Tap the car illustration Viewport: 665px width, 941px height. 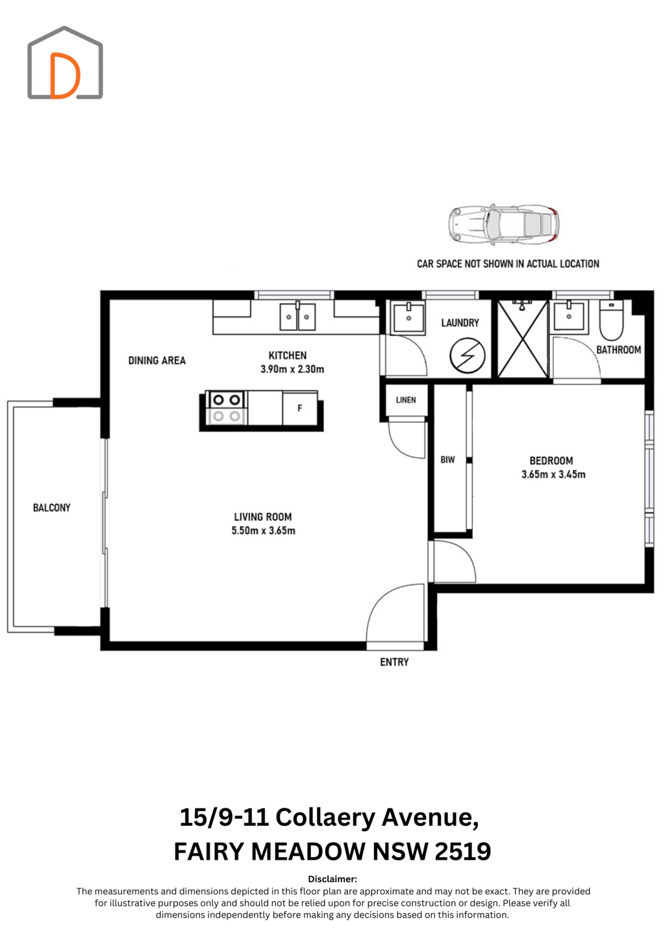tap(503, 224)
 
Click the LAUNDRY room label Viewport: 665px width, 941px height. tap(460, 322)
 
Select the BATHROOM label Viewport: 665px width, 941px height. tap(618, 350)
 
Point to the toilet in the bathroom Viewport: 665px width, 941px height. tap(611, 320)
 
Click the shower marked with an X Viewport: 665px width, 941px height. tap(523, 339)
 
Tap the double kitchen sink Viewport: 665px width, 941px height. tap(297, 316)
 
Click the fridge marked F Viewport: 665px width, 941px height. tap(300, 408)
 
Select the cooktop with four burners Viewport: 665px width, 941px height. tap(226, 407)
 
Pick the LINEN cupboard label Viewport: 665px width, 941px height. tap(405, 400)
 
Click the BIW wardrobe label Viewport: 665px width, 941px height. tap(447, 459)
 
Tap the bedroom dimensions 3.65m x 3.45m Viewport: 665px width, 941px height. tap(553, 474)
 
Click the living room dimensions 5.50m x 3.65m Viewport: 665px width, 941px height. tap(263, 530)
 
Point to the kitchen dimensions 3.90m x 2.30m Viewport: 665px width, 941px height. tap(292, 369)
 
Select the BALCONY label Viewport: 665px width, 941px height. tap(52, 508)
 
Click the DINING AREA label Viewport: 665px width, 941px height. tap(157, 361)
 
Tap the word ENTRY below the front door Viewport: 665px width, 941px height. tap(394, 662)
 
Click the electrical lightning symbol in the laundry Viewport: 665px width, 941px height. tap(468, 356)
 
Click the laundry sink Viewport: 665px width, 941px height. tap(408, 318)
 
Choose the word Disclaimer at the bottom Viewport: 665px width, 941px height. tap(332, 879)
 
